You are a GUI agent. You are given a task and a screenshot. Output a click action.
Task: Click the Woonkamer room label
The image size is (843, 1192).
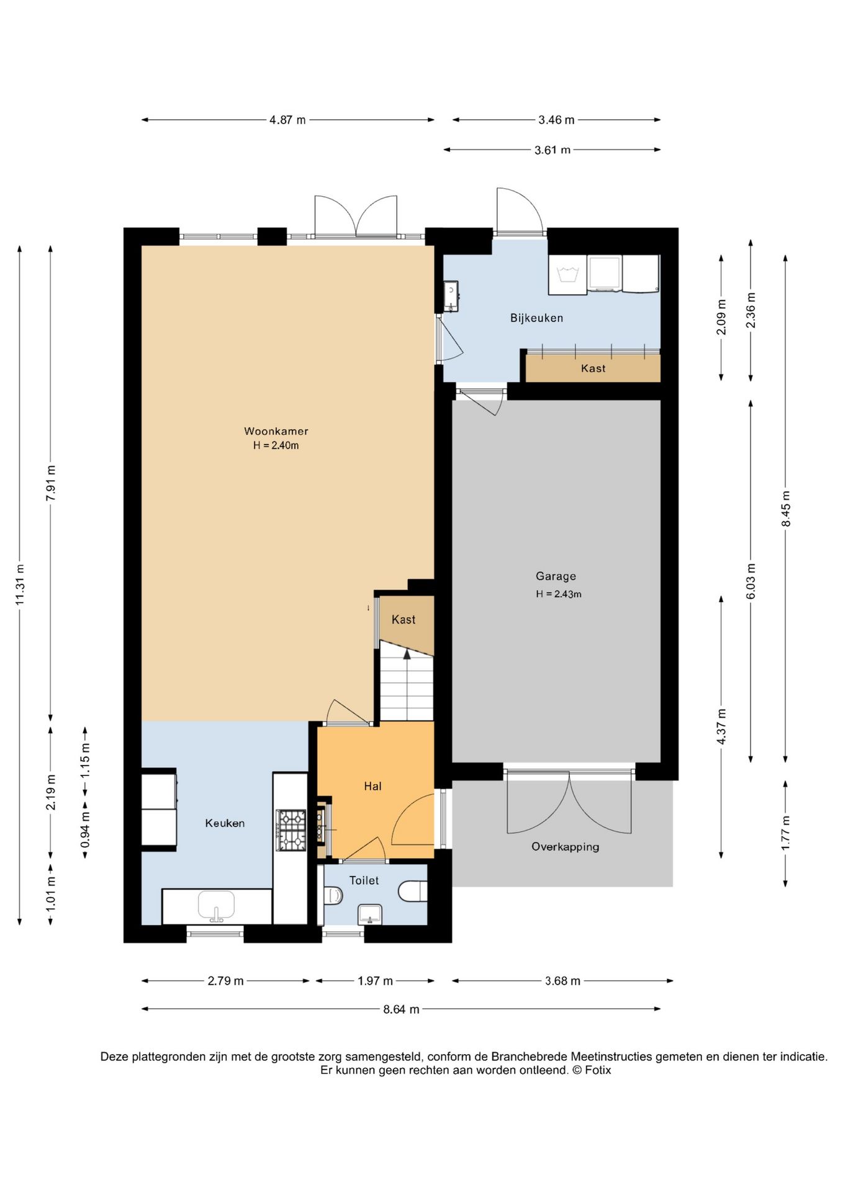point(276,431)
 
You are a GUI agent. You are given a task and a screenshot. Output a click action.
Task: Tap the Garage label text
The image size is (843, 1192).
point(556,577)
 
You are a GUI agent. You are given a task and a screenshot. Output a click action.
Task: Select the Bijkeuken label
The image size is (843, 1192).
point(537,318)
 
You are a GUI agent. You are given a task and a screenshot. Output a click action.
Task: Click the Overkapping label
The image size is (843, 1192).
point(566,847)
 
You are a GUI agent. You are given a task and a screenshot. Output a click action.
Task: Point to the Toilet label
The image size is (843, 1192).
point(364,880)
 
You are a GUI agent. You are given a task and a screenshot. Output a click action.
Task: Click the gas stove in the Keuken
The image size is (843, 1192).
point(291,830)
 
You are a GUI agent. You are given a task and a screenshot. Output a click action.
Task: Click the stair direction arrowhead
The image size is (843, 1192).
point(407,653)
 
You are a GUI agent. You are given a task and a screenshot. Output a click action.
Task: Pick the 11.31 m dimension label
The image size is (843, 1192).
point(20,584)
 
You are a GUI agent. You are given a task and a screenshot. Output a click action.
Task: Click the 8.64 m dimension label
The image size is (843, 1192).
point(401,1009)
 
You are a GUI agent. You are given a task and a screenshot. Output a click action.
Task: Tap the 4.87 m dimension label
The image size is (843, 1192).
point(287,120)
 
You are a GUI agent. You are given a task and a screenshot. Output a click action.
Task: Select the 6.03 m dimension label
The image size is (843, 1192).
point(751,581)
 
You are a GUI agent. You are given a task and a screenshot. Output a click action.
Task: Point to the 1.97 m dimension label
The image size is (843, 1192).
point(375,981)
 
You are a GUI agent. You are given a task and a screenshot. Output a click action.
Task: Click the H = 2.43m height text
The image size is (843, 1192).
point(559,594)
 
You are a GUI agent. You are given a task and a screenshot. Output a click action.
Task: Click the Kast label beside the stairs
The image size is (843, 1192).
point(403,620)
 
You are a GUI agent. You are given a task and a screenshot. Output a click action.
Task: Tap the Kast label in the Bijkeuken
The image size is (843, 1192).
point(593,368)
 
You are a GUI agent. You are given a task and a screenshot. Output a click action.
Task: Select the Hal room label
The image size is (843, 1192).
point(372,786)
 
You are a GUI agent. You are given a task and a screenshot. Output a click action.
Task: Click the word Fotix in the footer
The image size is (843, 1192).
point(598,1070)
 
